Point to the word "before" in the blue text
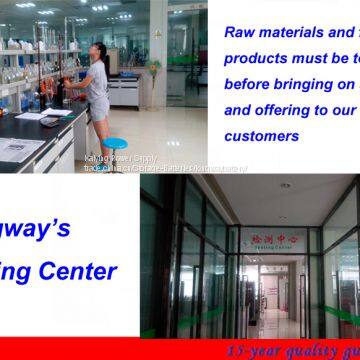point(252,85)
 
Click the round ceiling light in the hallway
point(285,186)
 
